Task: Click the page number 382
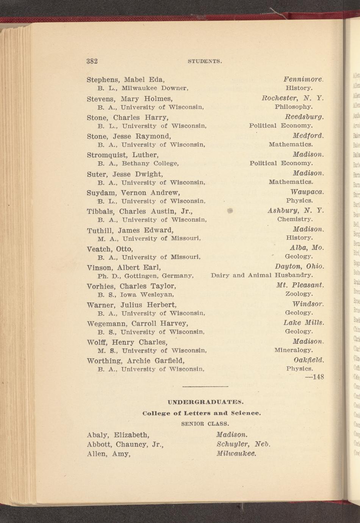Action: pyautogui.click(x=92, y=61)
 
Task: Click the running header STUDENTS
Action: pyautogui.click(x=205, y=61)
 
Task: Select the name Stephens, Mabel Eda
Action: pyautogui.click(x=125, y=80)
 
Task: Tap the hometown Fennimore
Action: pyautogui.click(x=303, y=80)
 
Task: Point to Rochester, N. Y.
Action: pyautogui.click(x=293, y=99)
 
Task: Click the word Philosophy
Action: pyautogui.click(x=294, y=107)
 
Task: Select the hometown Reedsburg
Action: pyautogui.click(x=304, y=117)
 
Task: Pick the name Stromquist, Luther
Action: pyautogui.click(x=122, y=155)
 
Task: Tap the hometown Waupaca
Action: pyautogui.click(x=307, y=192)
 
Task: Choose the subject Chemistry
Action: pyautogui.click(x=295, y=219)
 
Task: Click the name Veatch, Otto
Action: pyautogui.click(x=110, y=249)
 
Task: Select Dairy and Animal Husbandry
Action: pyautogui.click(x=262, y=275)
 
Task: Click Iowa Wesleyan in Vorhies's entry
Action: pyautogui.click(x=147, y=294)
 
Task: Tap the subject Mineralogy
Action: pyautogui.click(x=294, y=350)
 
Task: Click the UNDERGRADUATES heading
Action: pyautogui.click(x=205, y=402)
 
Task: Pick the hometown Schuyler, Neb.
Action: pyautogui.click(x=243, y=444)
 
